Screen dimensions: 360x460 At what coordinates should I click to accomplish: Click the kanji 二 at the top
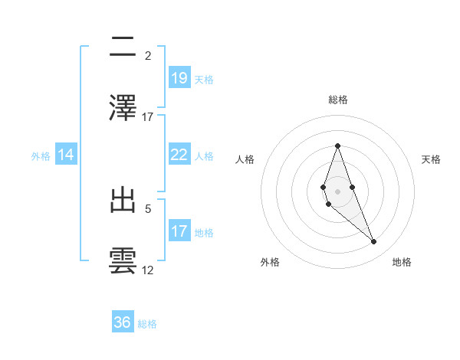(x=123, y=47)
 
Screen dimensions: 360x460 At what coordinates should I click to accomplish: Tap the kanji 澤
(x=123, y=107)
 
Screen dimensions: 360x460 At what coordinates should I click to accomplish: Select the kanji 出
(x=123, y=201)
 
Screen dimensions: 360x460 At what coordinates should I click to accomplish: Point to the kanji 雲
(x=123, y=260)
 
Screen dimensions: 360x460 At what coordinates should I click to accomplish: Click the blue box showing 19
(x=179, y=78)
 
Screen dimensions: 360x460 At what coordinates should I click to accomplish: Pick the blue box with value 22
(x=179, y=155)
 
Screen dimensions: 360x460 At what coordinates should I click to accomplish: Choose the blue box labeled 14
(x=66, y=155)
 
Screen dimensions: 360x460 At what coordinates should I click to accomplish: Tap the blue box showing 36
(x=123, y=322)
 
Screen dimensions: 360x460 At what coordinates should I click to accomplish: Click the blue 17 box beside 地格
(x=179, y=231)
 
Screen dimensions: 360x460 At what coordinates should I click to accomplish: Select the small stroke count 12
(x=148, y=270)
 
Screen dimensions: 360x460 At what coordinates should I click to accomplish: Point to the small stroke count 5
(x=148, y=208)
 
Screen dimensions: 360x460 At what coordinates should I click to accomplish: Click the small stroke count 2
(x=148, y=56)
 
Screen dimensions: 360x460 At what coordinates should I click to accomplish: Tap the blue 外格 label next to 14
(x=41, y=156)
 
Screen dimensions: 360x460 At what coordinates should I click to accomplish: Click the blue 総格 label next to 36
(x=147, y=324)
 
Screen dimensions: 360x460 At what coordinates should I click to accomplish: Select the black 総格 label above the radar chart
(x=337, y=100)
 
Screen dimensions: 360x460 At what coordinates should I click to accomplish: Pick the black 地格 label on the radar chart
(x=402, y=262)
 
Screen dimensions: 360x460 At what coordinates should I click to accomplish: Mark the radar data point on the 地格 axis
(x=373, y=242)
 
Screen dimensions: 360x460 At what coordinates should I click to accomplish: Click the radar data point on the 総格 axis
(x=337, y=146)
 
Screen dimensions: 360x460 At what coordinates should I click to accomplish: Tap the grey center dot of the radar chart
(x=337, y=191)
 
